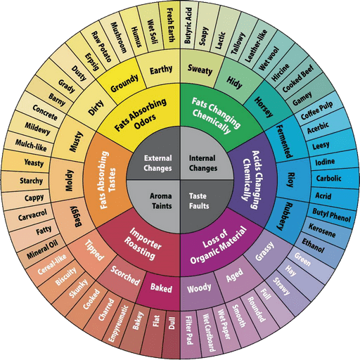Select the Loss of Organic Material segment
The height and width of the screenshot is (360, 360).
(218, 246)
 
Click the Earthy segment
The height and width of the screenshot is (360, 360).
(161, 69)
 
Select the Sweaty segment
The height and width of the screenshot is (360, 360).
(200, 69)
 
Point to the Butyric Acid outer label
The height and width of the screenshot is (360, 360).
(188, 25)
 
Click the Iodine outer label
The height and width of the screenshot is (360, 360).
(326, 162)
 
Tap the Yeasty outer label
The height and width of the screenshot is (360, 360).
(34, 162)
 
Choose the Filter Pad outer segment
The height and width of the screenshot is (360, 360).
(189, 333)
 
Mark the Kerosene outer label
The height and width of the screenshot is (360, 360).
(322, 231)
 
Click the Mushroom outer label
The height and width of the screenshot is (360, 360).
(118, 37)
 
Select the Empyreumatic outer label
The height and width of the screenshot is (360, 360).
(118, 324)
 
